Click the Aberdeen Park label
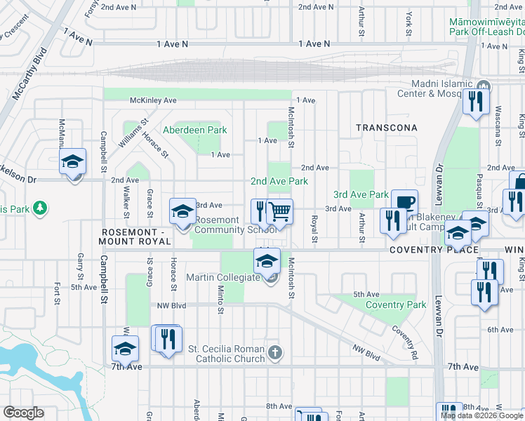[195, 130]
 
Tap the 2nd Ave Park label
[279, 181]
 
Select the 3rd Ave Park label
[361, 194]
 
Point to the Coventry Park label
[396, 305]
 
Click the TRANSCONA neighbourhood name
[386, 128]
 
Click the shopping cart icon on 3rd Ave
[280, 210]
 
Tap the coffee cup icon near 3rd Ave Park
[404, 202]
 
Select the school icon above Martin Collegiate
[267, 261]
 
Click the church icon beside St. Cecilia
[275, 352]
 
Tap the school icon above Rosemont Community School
[182, 210]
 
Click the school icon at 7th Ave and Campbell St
[125, 348]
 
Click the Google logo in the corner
[23, 413]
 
